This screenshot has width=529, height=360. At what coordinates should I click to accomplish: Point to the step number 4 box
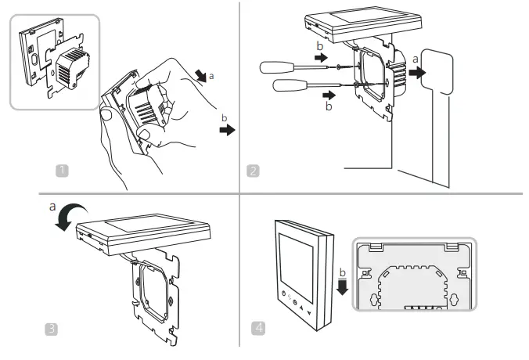click(257, 328)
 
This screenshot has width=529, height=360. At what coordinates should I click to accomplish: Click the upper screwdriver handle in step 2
click(276, 70)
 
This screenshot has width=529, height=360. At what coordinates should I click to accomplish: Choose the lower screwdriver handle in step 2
click(289, 85)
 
